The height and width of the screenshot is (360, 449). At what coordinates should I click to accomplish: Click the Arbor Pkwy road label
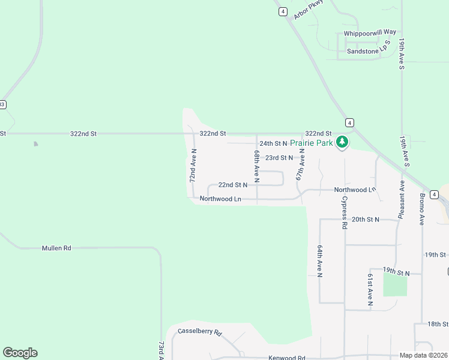point(309,10)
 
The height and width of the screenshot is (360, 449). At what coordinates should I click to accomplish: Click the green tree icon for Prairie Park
point(342,142)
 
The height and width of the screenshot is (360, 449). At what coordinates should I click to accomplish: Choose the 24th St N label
point(273,143)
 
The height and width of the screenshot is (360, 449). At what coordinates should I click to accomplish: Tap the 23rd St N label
point(279,158)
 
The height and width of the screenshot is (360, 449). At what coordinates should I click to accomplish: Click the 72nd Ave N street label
point(193,166)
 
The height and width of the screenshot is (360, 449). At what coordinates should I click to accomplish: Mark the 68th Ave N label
point(256,166)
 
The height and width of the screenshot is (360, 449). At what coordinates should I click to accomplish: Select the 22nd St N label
point(232,185)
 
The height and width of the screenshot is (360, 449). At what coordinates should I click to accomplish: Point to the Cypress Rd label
point(345,213)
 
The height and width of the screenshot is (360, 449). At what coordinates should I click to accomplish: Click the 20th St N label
point(366,220)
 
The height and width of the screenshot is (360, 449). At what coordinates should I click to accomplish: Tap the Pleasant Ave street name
point(401,200)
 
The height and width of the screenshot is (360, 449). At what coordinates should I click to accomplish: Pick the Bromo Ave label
point(422,209)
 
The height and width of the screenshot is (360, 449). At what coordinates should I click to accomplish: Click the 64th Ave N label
point(320,261)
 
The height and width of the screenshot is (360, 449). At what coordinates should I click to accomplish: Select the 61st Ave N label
point(370,289)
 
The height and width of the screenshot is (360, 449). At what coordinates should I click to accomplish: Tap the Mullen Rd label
point(56,248)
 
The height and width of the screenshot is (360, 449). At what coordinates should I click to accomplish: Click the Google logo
point(20,353)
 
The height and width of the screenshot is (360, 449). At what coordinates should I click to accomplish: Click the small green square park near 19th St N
point(395,284)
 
